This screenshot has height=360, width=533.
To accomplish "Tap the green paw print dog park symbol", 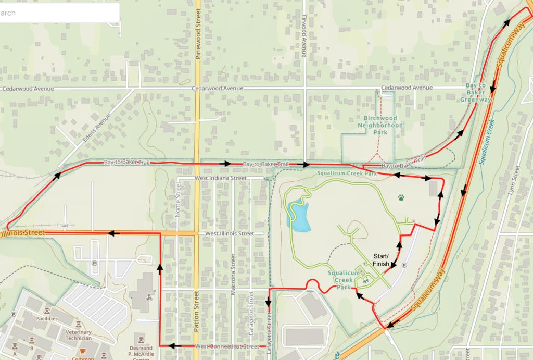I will pos(401,198).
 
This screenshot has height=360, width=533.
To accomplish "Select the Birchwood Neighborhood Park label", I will pos(380,125).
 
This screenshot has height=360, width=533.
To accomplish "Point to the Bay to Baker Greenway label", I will pos(475,92).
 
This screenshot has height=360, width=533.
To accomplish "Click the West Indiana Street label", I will pos(220,178).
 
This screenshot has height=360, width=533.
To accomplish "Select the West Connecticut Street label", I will pos(227,346).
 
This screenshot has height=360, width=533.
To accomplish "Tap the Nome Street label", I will pos(178,201).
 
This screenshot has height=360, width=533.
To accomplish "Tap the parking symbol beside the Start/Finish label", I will pos(404,265).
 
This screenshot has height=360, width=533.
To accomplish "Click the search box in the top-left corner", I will pos(59,13).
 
